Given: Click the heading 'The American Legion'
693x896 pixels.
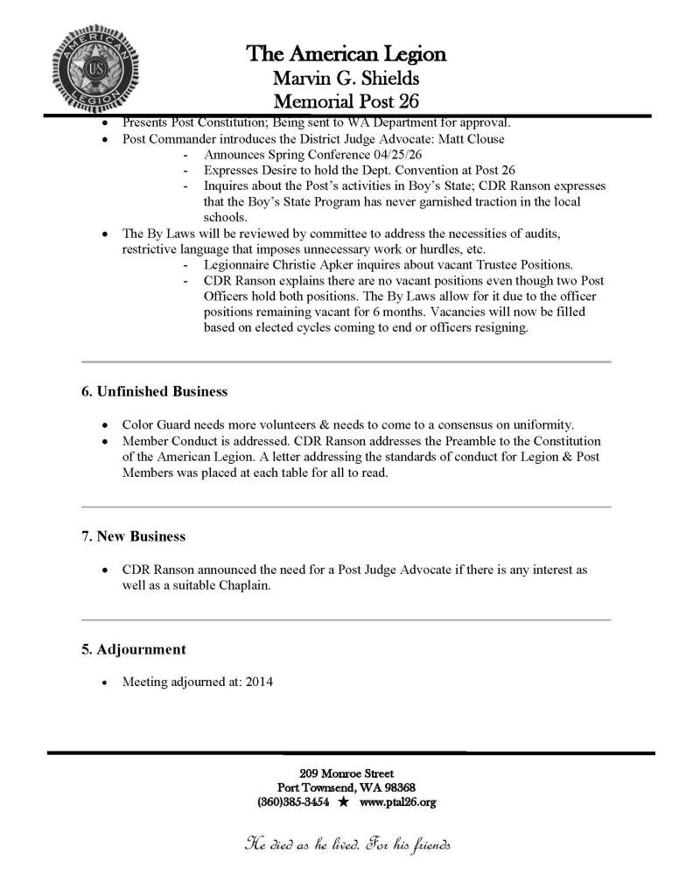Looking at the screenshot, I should point(346,54).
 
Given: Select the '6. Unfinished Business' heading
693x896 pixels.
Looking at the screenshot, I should point(154,390).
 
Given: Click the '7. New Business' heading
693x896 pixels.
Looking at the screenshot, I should point(132,535).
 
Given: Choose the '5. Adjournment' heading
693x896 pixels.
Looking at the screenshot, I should point(132,649).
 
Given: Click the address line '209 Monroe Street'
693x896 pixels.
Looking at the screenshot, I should point(346,773).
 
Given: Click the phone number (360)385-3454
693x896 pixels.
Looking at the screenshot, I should point(293,801).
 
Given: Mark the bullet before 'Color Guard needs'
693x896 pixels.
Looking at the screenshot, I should point(106,424).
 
